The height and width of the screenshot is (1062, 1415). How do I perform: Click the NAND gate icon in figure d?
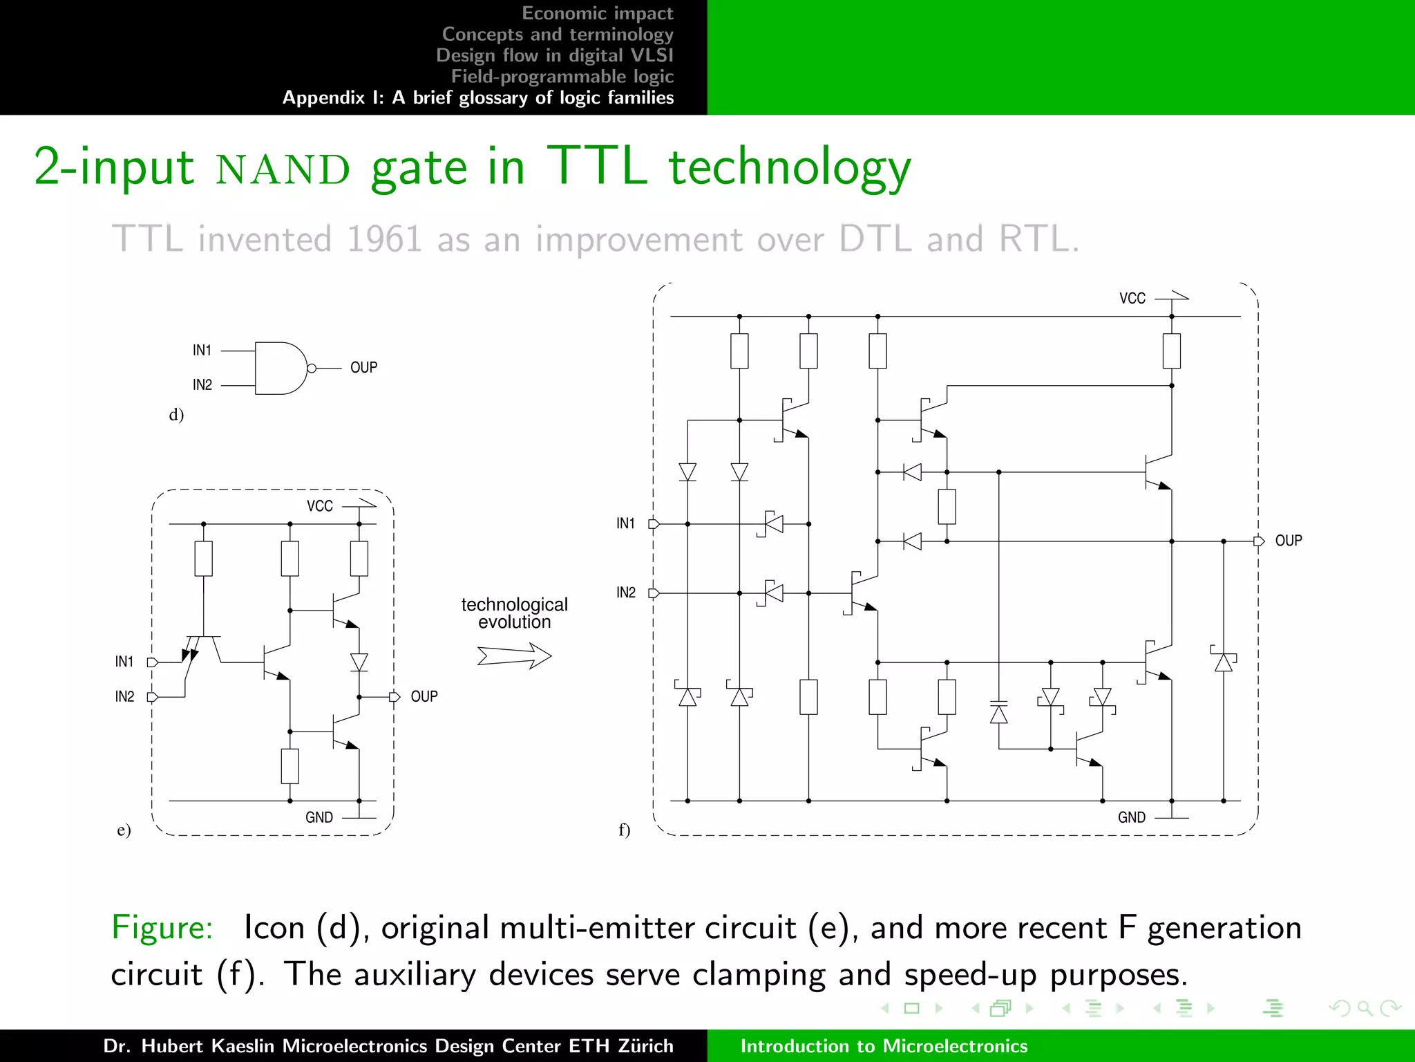281,368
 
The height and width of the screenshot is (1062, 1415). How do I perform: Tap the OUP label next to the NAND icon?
363,368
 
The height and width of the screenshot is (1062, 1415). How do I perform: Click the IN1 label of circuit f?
625,523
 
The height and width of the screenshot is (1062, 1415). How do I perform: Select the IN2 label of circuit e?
124,696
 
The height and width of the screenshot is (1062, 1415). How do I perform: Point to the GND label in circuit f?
1131,817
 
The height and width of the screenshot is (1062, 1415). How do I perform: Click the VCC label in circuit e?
319,506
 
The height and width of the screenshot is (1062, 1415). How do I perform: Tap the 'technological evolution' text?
514,613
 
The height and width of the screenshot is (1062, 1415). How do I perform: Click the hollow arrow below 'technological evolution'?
514,655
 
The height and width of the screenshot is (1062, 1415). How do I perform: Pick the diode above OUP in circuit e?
359,662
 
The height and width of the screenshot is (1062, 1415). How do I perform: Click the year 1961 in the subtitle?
383,239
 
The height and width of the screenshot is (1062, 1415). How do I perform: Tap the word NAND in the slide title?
283,169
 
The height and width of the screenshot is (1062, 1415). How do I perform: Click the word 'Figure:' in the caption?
162,927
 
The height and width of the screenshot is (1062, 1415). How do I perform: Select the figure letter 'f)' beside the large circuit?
624,829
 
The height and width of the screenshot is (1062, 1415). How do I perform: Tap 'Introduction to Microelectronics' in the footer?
884,1045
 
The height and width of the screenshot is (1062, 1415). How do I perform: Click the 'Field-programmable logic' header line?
562,76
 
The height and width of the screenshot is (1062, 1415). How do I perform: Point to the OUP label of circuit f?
1288,541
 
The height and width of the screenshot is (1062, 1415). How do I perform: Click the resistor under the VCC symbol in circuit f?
1171,351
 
